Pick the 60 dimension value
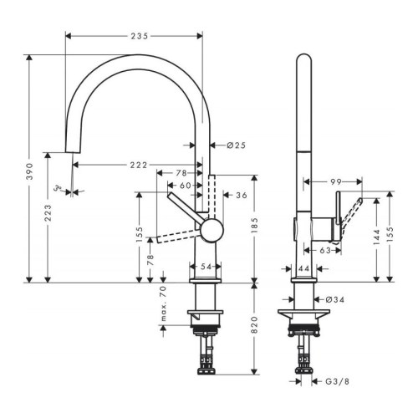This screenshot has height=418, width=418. pos(186,185)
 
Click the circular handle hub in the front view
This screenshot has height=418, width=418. pos(210,229)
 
